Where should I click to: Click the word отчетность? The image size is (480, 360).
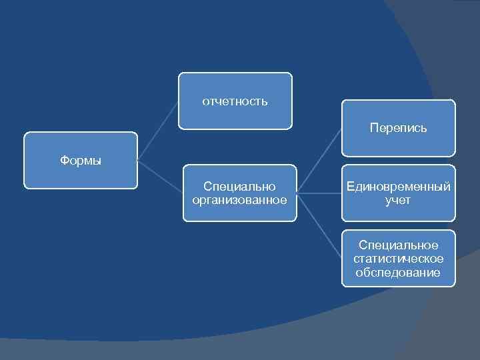click(235, 101)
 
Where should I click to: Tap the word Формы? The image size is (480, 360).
click(81, 161)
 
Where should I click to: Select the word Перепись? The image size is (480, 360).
click(398, 127)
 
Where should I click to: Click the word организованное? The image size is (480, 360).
click(239, 200)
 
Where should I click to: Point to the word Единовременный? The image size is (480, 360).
click(398, 187)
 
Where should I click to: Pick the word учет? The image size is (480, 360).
click(398, 200)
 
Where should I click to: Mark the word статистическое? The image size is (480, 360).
click(398, 259)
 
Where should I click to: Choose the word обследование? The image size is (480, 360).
click(398, 272)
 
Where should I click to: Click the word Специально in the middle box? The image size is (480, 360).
click(239, 187)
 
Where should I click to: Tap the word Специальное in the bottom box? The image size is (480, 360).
click(398, 245)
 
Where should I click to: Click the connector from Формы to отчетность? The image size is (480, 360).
click(158, 131)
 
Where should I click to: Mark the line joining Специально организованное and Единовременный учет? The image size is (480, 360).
click(319, 193)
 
